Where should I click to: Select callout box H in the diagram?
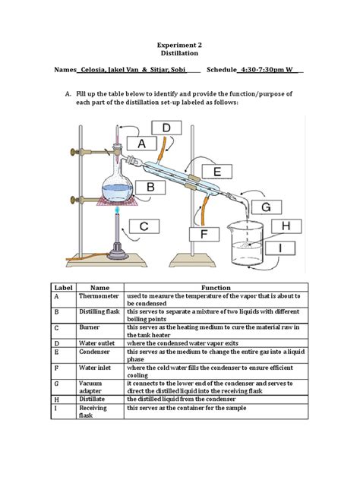pyautogui.click(x=286, y=226)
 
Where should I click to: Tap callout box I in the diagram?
pyautogui.click(x=287, y=248)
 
